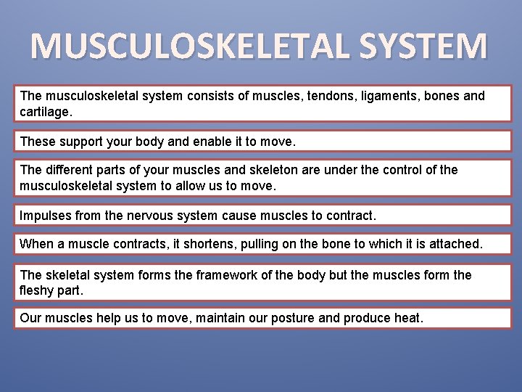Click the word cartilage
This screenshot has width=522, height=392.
coord(45,113)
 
